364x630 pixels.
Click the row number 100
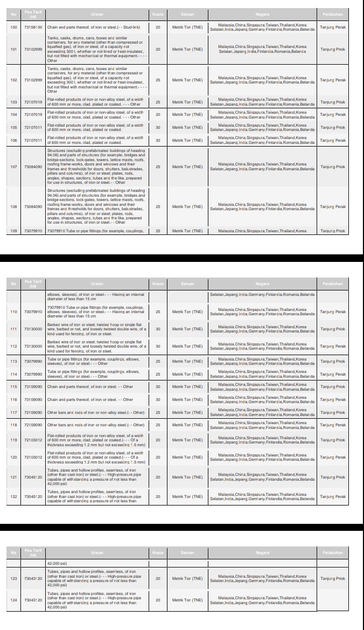(13, 26)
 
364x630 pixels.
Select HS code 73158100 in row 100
(33, 26)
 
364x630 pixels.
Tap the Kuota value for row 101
(158, 49)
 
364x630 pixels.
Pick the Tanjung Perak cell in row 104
(332, 114)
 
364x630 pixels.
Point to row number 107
(13, 167)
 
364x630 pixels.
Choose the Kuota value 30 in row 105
(158, 127)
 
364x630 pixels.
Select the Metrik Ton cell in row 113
(187, 361)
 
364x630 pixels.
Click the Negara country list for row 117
(262, 412)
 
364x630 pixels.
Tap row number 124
(13, 600)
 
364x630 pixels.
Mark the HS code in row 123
(33, 578)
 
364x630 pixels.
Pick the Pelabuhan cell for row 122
(332, 496)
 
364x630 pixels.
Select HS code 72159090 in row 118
(33, 425)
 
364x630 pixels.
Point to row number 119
(13, 440)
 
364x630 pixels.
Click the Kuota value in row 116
(158, 399)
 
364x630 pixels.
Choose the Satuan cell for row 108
(187, 206)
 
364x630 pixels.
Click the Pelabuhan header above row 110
(332, 283)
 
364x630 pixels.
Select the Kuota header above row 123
(158, 552)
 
